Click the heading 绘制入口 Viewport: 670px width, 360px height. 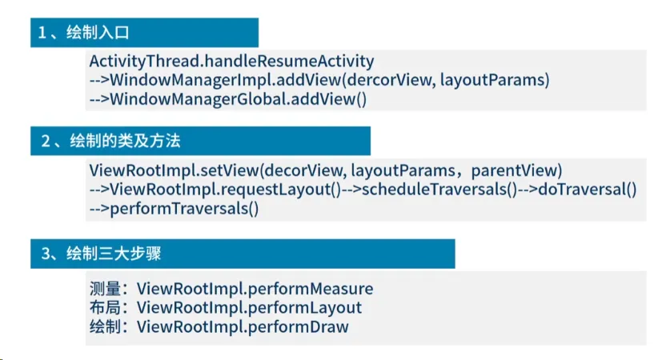[x=98, y=33]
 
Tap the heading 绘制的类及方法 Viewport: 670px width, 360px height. [x=125, y=141]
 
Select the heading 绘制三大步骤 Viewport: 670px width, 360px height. [x=114, y=254]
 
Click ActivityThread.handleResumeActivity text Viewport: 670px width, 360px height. [x=231, y=61]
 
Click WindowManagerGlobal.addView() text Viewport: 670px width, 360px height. [x=239, y=99]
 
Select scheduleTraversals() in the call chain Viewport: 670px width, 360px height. [x=439, y=189]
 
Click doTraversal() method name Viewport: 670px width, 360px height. [x=588, y=189]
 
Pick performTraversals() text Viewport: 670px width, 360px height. [x=184, y=208]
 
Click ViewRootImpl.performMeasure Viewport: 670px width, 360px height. [x=255, y=289]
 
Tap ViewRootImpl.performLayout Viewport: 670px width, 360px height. [x=249, y=307]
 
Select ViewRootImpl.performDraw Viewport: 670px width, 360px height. [x=243, y=326]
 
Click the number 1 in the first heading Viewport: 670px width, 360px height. [x=42, y=33]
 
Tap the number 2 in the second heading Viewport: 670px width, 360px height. [x=46, y=141]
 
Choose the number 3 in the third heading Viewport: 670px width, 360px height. [x=46, y=254]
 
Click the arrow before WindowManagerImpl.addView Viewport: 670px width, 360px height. [x=99, y=80]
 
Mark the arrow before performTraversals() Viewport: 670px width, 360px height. [x=99, y=209]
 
